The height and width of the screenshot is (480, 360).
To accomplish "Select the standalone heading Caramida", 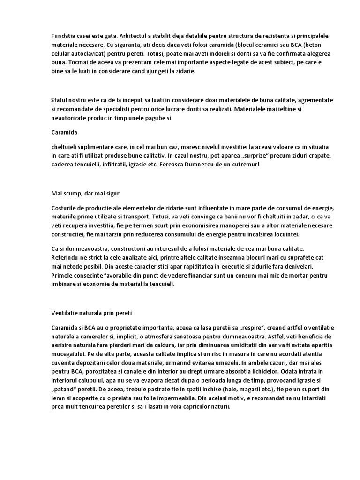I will coord(64,132).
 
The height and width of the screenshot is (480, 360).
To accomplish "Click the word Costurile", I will coord(65,208).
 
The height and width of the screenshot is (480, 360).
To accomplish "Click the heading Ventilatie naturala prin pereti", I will coord(93,311).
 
